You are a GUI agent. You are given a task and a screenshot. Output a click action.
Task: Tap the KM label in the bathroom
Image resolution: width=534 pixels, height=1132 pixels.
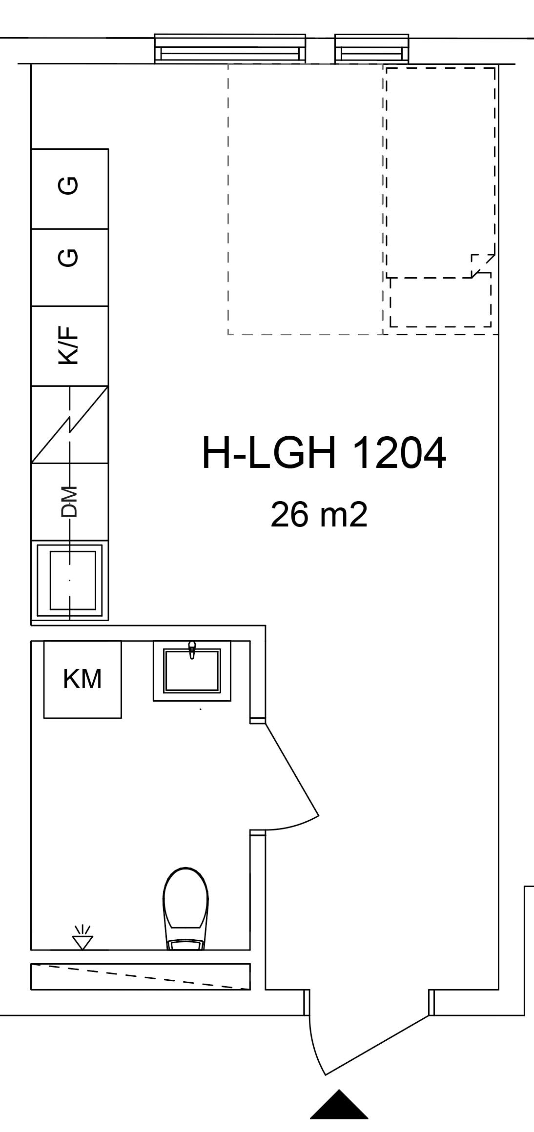tap(82, 679)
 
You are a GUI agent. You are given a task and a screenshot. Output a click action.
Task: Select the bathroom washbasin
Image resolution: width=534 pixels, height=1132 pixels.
tap(192, 671)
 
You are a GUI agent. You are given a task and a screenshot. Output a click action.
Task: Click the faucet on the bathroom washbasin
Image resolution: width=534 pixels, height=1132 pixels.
tap(192, 650)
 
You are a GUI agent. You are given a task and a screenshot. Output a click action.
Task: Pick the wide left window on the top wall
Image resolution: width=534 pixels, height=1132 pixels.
tap(230, 49)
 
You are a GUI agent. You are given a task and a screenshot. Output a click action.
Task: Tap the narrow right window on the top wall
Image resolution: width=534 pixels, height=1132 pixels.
tap(371, 49)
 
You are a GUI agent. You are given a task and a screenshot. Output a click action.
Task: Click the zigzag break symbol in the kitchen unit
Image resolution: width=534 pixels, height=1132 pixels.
tap(70, 424)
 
